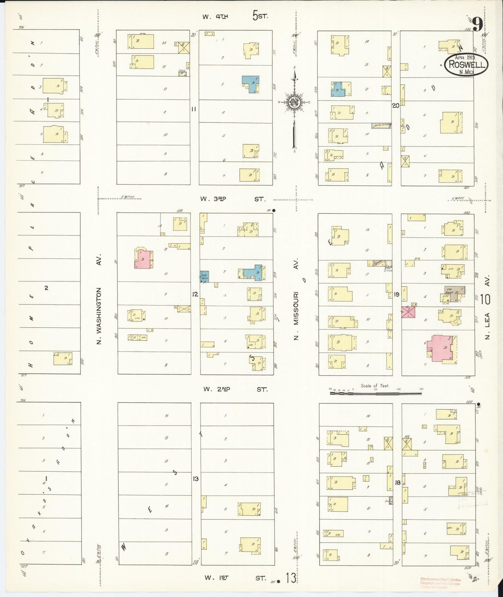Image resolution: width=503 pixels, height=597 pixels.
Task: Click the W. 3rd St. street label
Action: point(233,199)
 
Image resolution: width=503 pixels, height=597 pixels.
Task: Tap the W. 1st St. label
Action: point(235,577)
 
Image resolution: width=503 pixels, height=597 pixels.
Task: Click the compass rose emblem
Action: point(294,102)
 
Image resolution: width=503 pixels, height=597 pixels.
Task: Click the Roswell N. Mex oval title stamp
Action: point(466,64)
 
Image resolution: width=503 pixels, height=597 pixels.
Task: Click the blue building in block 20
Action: point(338,89)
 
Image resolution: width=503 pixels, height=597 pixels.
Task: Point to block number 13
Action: point(196,479)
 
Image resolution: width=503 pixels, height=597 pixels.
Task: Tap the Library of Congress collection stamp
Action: point(440,581)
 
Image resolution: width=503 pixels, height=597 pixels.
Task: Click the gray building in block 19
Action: point(454,293)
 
